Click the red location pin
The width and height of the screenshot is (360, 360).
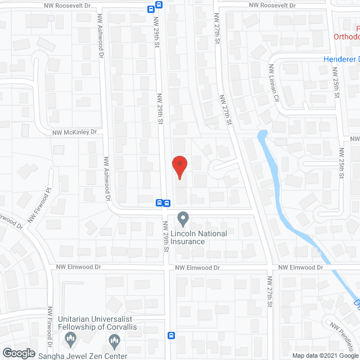(x=179, y=166)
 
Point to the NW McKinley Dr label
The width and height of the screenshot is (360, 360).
(x=75, y=133)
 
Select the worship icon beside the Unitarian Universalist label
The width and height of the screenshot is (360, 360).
(x=70, y=338)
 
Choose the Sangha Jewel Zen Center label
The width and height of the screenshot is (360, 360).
(x=83, y=355)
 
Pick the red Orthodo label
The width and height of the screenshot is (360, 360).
(x=346, y=37)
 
